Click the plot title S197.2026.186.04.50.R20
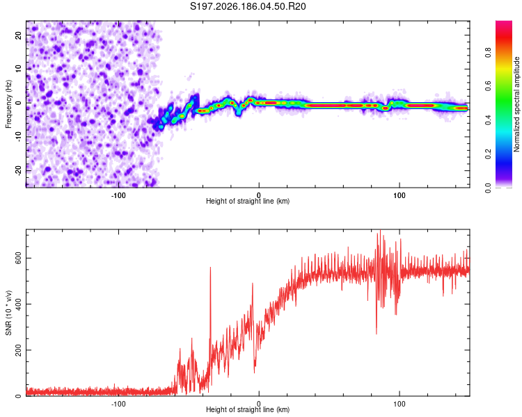[248, 6]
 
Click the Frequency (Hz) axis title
[8, 104]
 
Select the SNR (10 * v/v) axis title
[8, 313]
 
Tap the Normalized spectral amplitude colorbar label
[516, 104]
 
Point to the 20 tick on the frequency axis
[18, 35]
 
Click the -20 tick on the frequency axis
[18, 170]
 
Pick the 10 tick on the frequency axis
[18, 69]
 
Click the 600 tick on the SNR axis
[18, 258]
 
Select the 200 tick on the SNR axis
[18, 350]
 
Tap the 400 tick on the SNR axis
[18, 304]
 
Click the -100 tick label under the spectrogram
[118, 195]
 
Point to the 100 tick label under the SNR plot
[400, 404]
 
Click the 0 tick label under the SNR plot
[259, 404]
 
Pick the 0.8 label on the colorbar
[488, 53]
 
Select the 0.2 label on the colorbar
[488, 154]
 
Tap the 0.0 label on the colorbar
[488, 188]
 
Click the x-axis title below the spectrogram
[248, 201]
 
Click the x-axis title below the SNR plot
[248, 409]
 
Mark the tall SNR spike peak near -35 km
[210, 268]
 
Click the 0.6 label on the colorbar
[488, 86]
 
